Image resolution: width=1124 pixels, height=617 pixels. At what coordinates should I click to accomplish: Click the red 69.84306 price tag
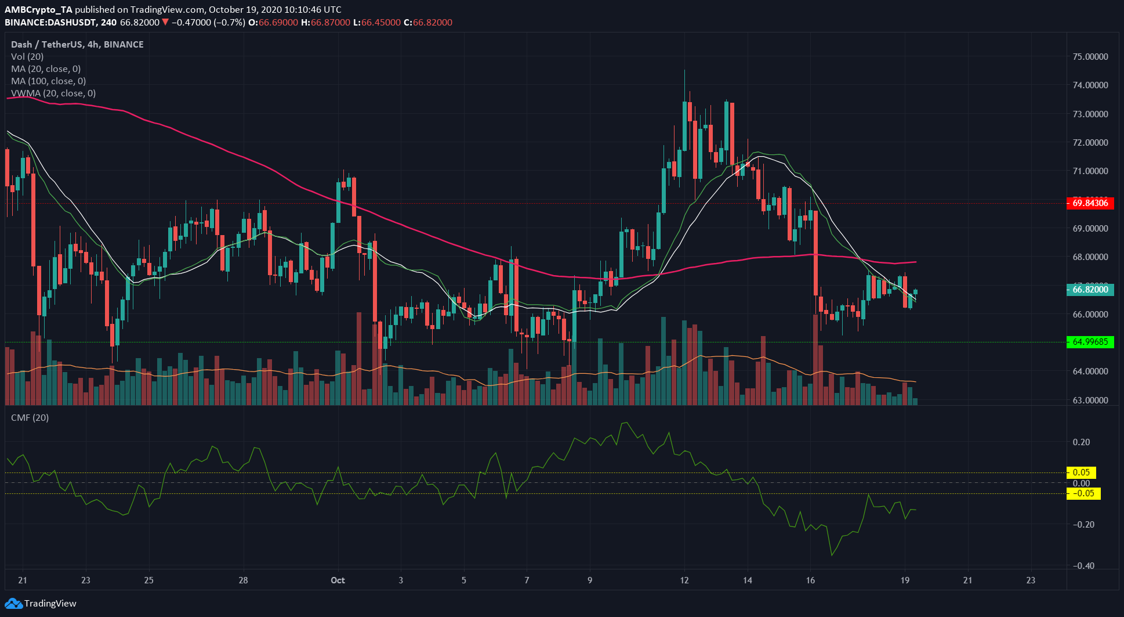pos(1090,203)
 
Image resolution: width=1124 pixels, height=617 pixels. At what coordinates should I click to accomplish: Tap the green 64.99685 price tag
pos(1090,342)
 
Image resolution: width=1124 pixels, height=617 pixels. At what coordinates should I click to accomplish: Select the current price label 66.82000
pos(1090,290)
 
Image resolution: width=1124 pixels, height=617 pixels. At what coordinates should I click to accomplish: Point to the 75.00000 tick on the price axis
pos(1090,57)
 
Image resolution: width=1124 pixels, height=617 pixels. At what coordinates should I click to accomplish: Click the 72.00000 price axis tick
pos(1090,143)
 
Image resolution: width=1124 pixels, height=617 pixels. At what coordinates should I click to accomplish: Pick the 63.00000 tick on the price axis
pos(1090,400)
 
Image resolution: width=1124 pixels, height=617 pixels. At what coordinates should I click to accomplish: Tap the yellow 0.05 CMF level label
pos(1081,472)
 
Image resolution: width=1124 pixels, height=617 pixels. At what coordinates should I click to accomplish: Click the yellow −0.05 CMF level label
pos(1083,494)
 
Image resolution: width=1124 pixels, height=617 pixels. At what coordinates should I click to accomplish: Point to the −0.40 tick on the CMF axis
pos(1081,566)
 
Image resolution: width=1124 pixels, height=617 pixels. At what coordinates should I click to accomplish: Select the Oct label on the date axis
pos(338,580)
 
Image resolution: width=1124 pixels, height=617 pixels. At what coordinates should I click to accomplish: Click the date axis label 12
pos(684,580)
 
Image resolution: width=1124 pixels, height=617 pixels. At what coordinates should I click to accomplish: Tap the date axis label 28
pos(243,580)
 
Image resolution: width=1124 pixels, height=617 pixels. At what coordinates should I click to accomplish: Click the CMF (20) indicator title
pos(30,418)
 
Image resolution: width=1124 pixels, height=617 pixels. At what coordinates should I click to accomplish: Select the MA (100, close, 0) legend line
pos(48,81)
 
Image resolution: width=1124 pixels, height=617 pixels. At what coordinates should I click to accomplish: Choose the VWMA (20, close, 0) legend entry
pos(53,93)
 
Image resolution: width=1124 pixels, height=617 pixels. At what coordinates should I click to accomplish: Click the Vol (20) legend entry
pos(27,57)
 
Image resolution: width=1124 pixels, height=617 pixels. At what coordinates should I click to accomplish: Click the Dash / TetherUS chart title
pos(77,45)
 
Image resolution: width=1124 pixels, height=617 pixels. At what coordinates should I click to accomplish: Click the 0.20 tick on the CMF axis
pos(1081,442)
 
